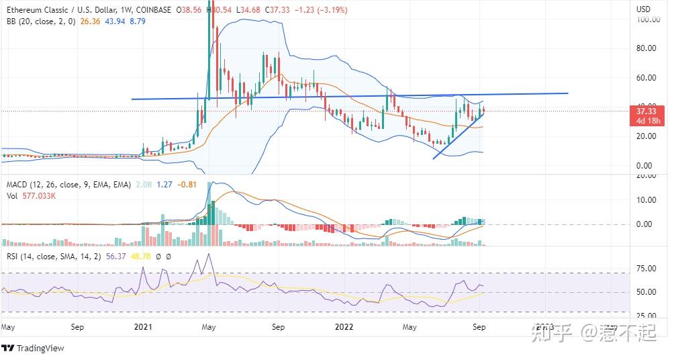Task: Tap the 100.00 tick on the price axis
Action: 648,20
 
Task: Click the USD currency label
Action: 643,9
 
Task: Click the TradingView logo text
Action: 40,348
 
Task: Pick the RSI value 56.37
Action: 113,256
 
